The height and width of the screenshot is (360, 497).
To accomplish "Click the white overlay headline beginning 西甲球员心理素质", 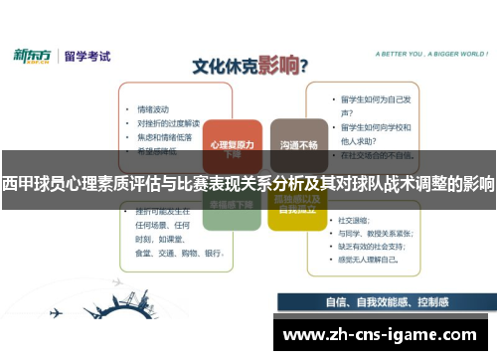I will (248, 184).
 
